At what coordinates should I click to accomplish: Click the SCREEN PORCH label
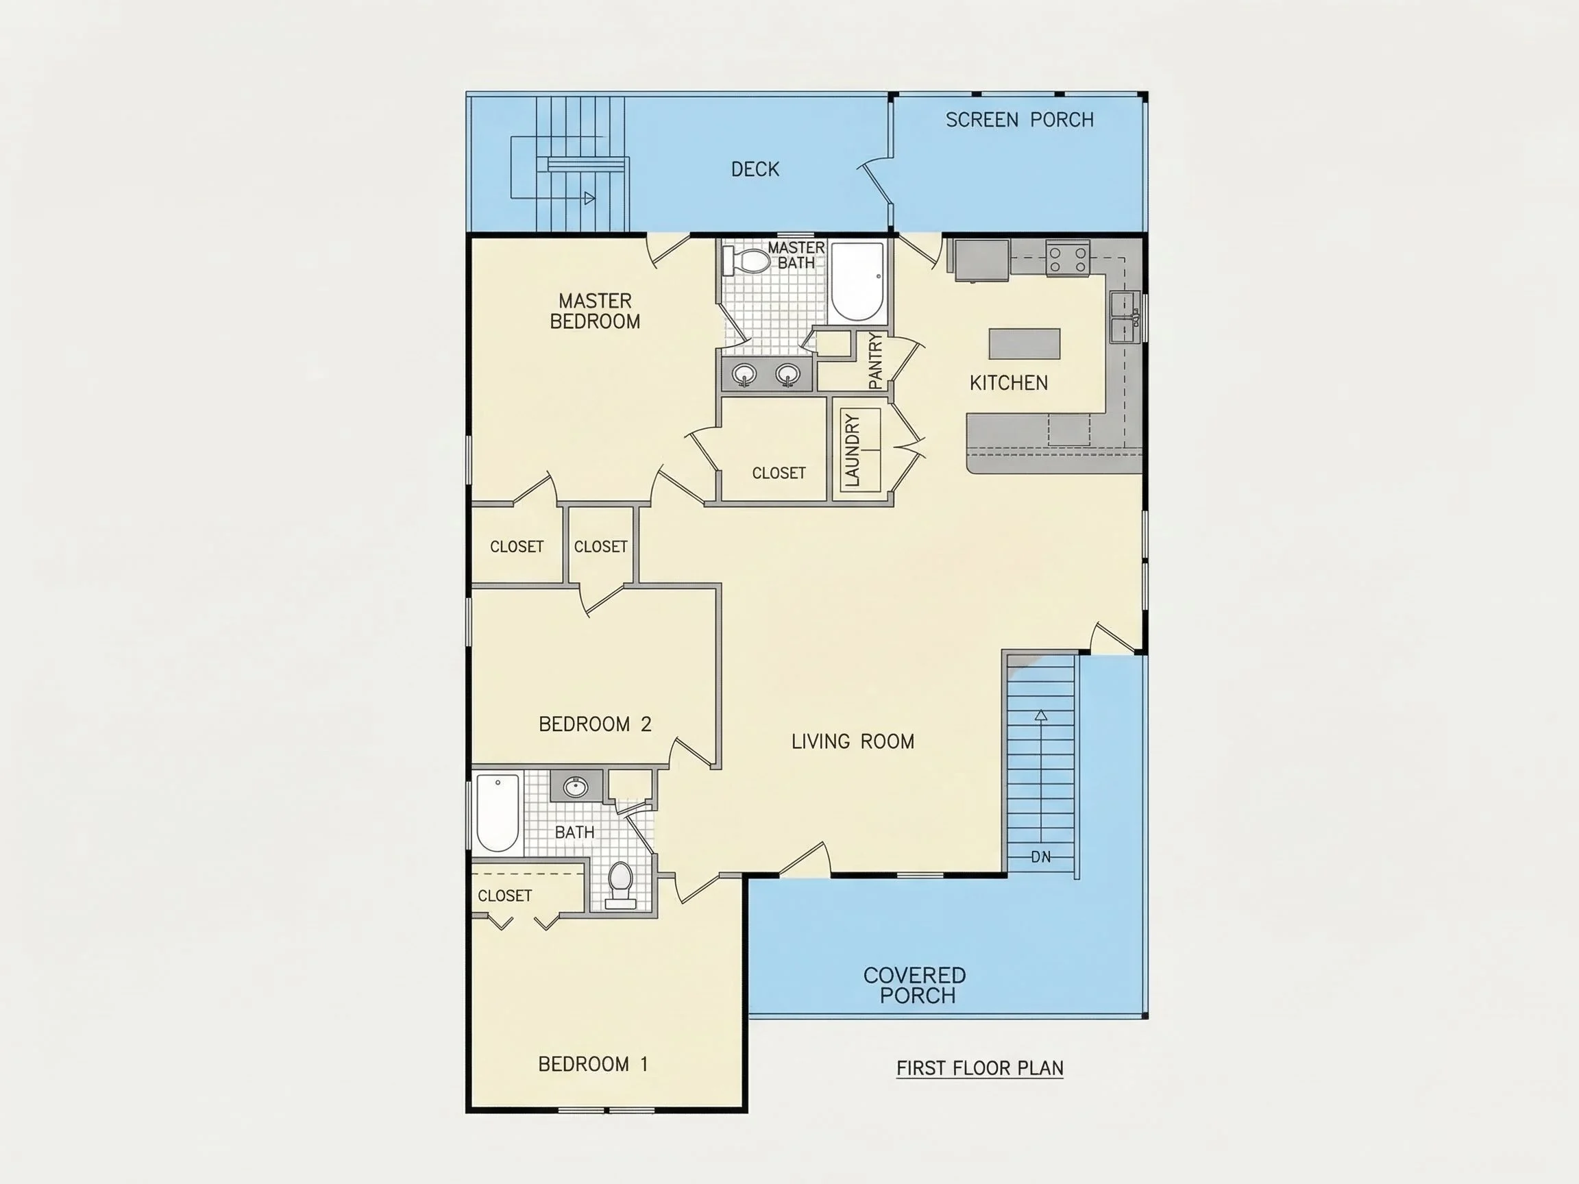(1019, 120)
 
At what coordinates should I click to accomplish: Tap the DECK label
(755, 169)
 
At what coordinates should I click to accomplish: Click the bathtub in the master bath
(858, 282)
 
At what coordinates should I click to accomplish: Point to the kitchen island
(1025, 343)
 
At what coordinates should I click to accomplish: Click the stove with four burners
(1068, 258)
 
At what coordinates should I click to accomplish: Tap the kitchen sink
(1125, 318)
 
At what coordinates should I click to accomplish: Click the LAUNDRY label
(852, 450)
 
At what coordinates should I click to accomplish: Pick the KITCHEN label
(1009, 383)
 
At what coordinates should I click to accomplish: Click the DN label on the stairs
(1041, 857)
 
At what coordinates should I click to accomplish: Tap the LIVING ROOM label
(853, 741)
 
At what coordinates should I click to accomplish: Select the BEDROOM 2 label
(595, 724)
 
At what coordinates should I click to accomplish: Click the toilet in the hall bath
(620, 886)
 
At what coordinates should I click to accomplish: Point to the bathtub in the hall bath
(498, 813)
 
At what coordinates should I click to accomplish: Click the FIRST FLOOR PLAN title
(980, 1068)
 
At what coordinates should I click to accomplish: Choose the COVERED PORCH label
(915, 985)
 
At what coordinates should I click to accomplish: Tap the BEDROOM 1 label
(593, 1064)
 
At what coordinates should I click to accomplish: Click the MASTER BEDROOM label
(596, 311)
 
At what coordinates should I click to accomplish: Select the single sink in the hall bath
(576, 787)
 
